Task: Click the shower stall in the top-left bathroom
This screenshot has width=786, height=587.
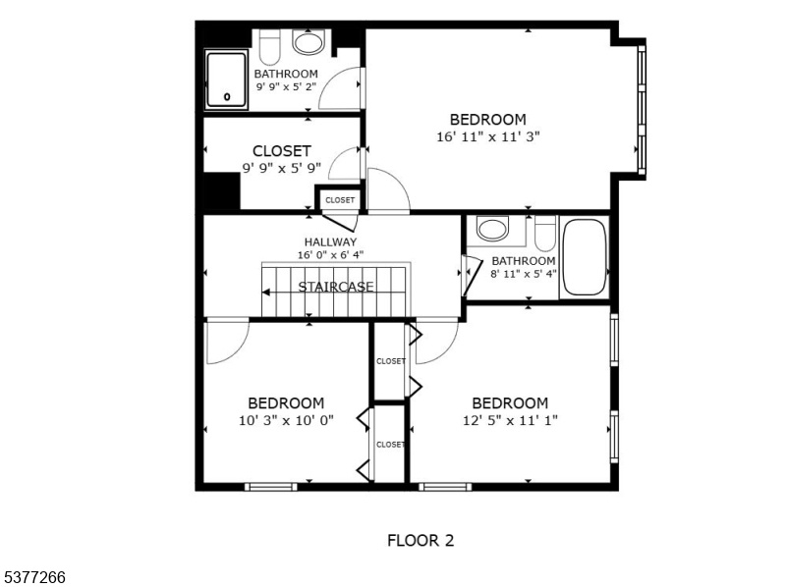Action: click(x=227, y=80)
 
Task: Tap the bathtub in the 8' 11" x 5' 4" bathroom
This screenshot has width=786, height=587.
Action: click(x=583, y=257)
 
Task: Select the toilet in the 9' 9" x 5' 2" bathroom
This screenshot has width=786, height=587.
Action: click(x=269, y=46)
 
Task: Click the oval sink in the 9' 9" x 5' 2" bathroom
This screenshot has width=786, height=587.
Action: click(x=309, y=42)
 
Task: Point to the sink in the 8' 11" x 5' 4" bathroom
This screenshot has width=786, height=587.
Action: click(x=492, y=229)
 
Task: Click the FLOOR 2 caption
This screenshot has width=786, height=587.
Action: click(x=421, y=540)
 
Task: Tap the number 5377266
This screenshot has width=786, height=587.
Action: click(x=33, y=577)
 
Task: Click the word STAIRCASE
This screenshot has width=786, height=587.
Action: click(x=336, y=287)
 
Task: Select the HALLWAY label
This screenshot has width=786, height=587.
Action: click(x=330, y=242)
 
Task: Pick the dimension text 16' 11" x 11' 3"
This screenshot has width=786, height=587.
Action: click(x=487, y=136)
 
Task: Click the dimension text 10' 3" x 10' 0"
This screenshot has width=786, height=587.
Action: click(x=286, y=420)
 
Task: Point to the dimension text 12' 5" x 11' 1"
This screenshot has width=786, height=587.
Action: click(x=510, y=420)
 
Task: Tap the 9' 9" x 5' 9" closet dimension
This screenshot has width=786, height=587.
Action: click(x=282, y=168)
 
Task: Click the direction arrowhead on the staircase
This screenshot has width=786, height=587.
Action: click(x=266, y=292)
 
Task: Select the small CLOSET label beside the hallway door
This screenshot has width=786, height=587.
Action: click(x=340, y=200)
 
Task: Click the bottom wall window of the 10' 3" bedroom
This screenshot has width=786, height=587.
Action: click(x=271, y=486)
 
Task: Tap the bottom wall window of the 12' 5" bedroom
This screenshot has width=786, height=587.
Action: click(x=445, y=486)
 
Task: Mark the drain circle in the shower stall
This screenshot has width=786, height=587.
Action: click(x=227, y=97)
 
